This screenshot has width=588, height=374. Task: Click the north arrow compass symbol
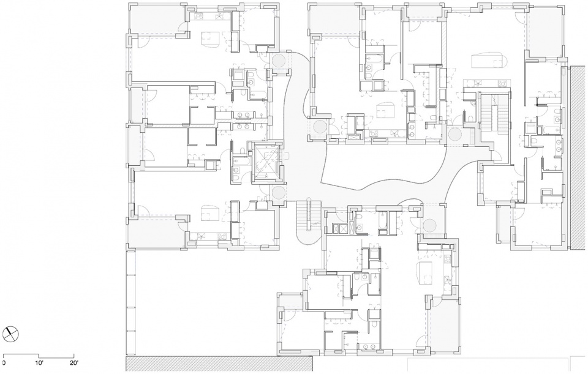(x=10, y=334)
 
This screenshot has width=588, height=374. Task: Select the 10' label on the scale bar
(x=39, y=363)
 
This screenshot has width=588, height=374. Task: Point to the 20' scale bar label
(x=73, y=363)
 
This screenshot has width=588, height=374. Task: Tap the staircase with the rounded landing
(x=309, y=221)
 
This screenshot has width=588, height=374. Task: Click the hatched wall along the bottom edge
(x=219, y=364)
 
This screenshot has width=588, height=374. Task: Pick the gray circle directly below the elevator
(x=278, y=193)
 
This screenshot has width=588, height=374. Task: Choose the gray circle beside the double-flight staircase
(x=455, y=135)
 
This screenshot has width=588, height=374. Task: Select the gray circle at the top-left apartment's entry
(x=279, y=61)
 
